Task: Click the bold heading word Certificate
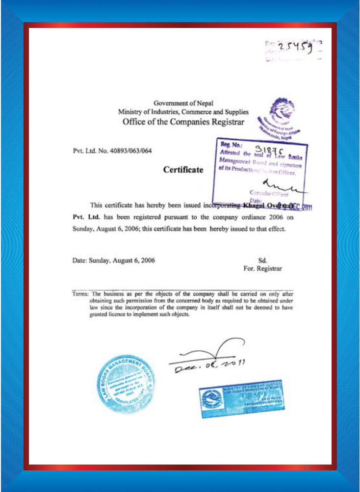183,170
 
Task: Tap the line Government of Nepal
180,103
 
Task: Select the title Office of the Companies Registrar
182,122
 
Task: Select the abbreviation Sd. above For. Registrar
262,261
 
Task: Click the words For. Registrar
262,269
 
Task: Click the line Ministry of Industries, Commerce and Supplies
183,112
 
